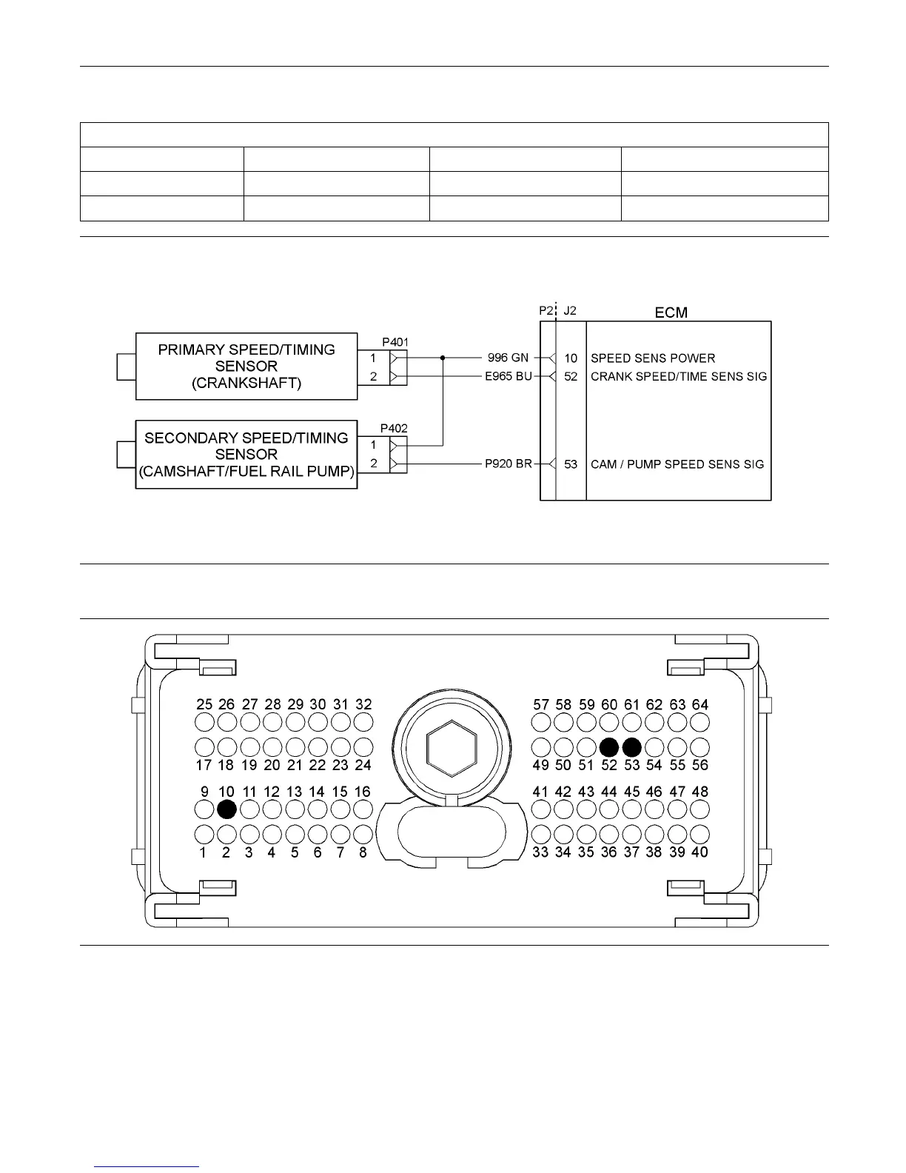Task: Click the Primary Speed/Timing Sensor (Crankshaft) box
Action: click(x=246, y=366)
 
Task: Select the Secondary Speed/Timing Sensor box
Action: click(x=246, y=454)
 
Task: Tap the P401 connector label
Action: click(x=395, y=342)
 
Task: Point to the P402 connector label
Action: click(x=394, y=428)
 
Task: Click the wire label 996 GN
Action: click(x=509, y=358)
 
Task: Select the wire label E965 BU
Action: click(x=508, y=376)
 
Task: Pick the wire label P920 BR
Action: click(x=508, y=464)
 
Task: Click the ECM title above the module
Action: click(x=671, y=313)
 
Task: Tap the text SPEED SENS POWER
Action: click(x=653, y=358)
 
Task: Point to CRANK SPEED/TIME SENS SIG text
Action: click(x=679, y=376)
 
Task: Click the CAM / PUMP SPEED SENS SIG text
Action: click(x=677, y=464)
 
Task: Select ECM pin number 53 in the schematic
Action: click(x=571, y=464)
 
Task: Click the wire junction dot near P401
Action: click(x=443, y=358)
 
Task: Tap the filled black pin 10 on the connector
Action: click(x=227, y=809)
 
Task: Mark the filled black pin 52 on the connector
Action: click(x=609, y=746)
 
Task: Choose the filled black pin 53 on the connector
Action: click(x=632, y=746)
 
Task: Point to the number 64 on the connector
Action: click(x=699, y=704)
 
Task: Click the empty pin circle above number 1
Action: click(x=204, y=835)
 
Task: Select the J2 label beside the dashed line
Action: click(x=570, y=312)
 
